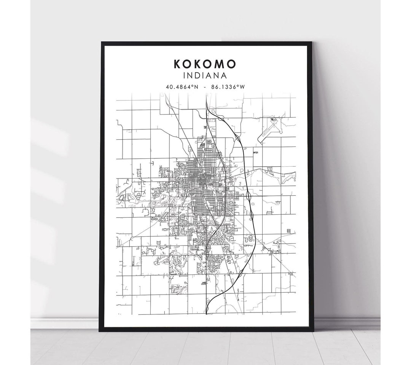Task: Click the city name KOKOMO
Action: click(205, 64)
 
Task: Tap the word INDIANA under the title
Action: click(205, 76)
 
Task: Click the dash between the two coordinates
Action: click(205, 87)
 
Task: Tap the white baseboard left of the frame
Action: click(65, 323)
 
